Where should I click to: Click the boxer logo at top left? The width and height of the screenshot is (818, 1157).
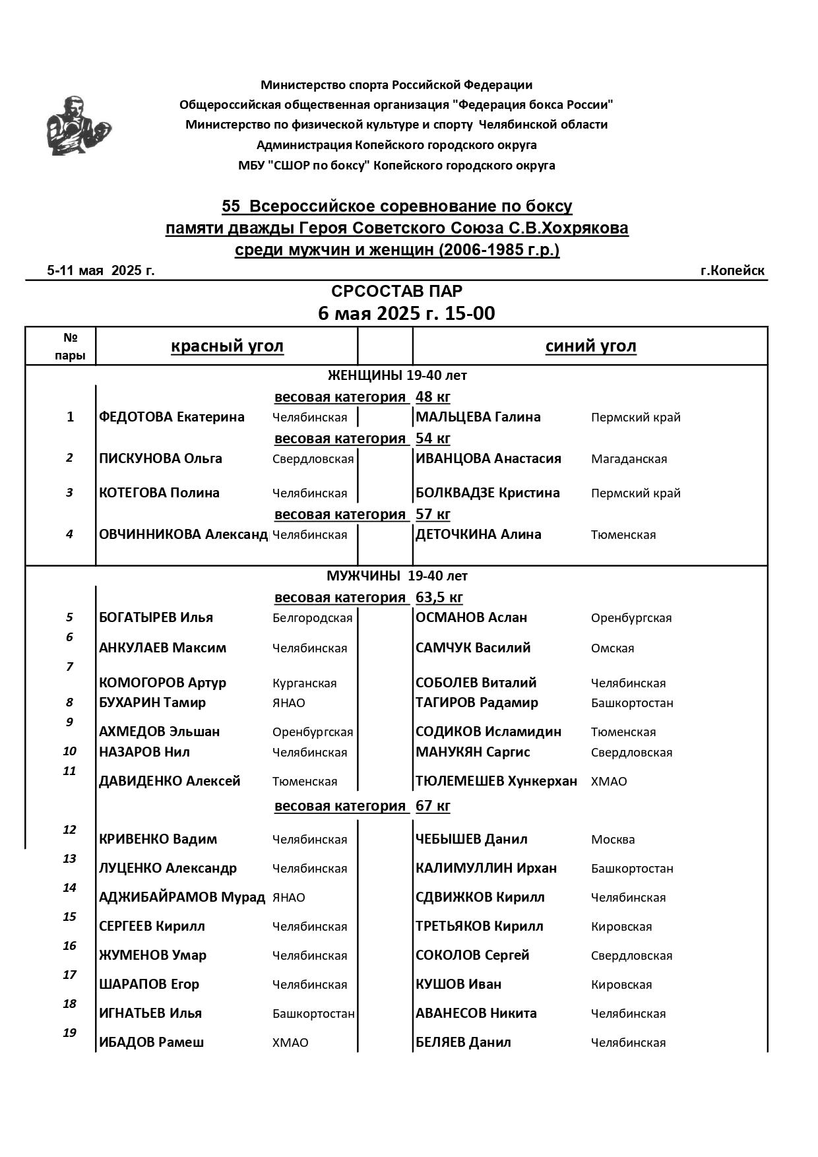(78, 126)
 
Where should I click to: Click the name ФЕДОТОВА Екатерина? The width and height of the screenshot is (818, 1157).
(172, 417)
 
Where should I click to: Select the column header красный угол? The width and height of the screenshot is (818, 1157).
(227, 346)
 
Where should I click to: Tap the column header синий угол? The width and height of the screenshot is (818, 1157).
(590, 346)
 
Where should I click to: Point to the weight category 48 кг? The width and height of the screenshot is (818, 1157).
(433, 397)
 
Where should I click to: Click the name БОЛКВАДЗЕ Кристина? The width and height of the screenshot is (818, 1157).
(488, 493)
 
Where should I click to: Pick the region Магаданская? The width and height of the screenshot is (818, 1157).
(629, 459)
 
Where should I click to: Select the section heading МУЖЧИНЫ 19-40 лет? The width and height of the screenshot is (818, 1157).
(396, 576)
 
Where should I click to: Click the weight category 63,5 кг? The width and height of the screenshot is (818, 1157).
(439, 598)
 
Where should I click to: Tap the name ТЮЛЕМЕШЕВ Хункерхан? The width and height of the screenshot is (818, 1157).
(496, 781)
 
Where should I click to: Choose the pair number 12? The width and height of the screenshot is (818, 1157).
(69, 830)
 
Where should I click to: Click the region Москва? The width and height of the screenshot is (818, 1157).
(613, 840)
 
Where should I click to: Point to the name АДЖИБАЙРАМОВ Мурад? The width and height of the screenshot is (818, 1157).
(182, 897)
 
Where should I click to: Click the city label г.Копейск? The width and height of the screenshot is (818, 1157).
(732, 270)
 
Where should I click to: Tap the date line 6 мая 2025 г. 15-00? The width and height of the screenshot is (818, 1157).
(406, 313)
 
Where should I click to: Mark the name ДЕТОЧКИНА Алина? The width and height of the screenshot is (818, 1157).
(478, 534)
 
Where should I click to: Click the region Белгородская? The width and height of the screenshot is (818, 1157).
(312, 618)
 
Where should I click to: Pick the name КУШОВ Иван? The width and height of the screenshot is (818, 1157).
(458, 984)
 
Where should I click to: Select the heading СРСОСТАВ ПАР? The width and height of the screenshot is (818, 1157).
(396, 292)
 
